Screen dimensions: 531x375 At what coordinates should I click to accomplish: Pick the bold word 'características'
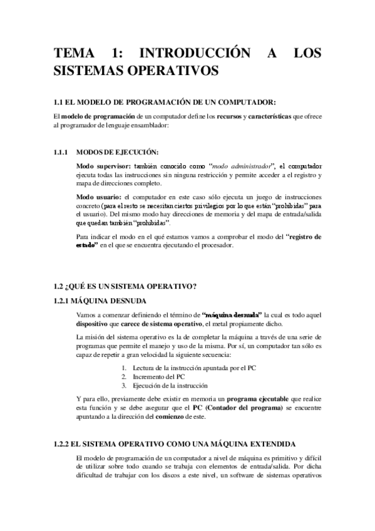[x=269, y=116]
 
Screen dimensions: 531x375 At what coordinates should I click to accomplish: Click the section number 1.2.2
[x=62, y=443]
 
